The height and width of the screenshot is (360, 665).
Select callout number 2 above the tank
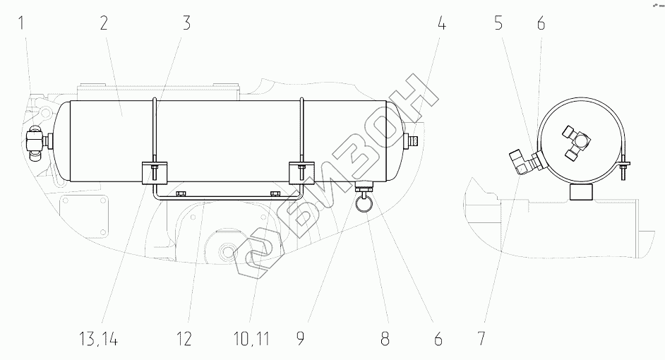(x=104, y=23)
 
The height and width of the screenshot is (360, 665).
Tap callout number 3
(x=186, y=23)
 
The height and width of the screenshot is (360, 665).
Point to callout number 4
(x=441, y=23)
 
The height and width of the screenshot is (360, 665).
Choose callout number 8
(x=385, y=340)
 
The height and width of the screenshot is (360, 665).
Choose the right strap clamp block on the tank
(x=302, y=172)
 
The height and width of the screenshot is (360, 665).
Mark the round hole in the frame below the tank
(x=229, y=251)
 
